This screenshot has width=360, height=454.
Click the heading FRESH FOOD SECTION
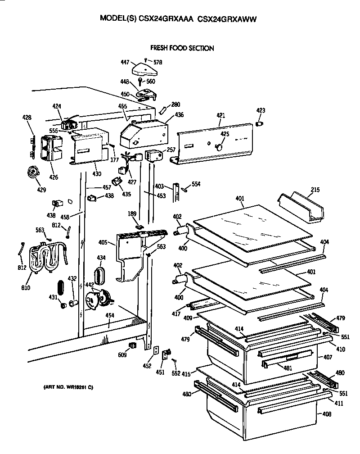pyautogui.click(x=182, y=48)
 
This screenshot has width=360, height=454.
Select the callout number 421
pyautogui.click(x=220, y=116)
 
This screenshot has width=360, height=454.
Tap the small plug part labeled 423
pyautogui.click(x=260, y=123)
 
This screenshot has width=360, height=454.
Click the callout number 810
pyautogui.click(x=26, y=287)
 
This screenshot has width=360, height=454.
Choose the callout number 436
pyautogui.click(x=179, y=115)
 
